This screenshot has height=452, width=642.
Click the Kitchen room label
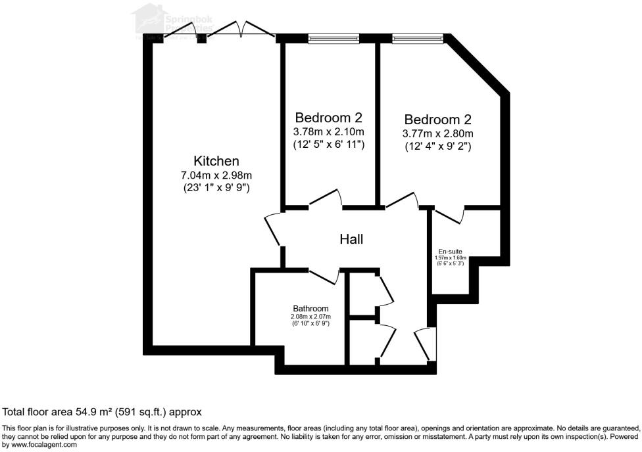(x=216, y=161)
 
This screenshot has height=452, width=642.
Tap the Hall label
(x=351, y=240)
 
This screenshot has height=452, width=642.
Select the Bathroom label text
(x=310, y=308)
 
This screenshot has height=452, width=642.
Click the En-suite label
(x=450, y=251)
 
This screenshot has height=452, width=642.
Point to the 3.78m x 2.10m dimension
(x=328, y=131)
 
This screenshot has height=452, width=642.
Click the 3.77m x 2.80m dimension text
(x=438, y=133)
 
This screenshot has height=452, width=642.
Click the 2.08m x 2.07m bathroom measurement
(x=310, y=316)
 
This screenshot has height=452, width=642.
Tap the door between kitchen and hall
(x=272, y=230)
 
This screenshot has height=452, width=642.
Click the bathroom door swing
(x=324, y=277)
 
